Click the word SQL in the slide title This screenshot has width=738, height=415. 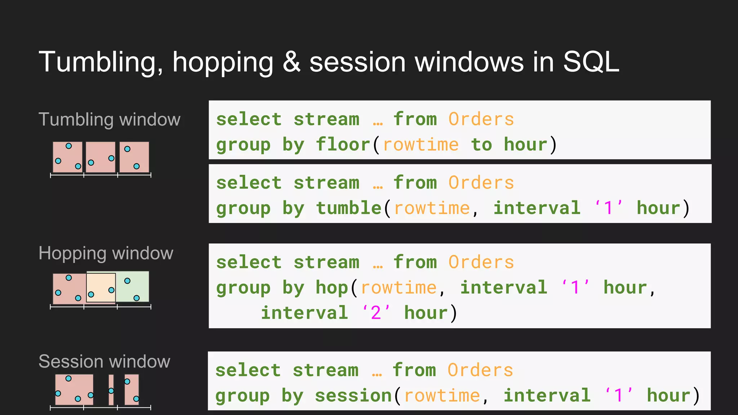point(591,62)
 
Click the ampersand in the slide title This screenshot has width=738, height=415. point(291,62)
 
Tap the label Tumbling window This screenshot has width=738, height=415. point(109,120)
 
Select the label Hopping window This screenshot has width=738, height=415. point(106,253)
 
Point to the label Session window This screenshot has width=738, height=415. point(104,361)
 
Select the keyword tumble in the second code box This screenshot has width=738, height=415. point(348,208)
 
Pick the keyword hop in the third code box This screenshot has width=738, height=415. point(332,288)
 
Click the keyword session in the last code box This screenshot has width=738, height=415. point(353,396)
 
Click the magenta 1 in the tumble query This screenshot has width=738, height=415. point(608,208)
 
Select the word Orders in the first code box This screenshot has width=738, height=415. point(481,120)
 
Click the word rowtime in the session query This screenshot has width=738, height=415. point(442,396)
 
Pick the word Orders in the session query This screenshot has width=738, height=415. point(480,370)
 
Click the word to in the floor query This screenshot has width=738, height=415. point(481,145)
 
